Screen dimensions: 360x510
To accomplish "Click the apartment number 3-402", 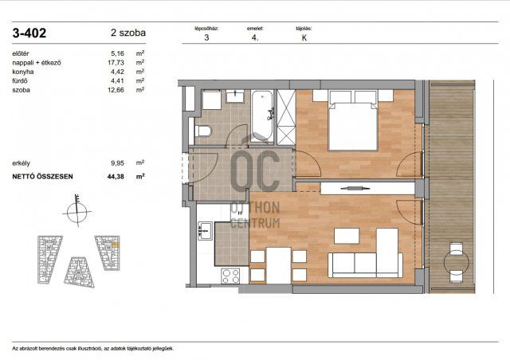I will [29, 33].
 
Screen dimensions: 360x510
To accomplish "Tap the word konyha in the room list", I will [23, 71].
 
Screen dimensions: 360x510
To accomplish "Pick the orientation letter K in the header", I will [304, 37].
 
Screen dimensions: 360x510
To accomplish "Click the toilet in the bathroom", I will [203, 131].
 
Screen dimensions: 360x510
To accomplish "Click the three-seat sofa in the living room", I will [363, 266].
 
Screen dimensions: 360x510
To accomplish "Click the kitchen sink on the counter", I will [198, 231].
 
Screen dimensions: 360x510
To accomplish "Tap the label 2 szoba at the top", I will [125, 33].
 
